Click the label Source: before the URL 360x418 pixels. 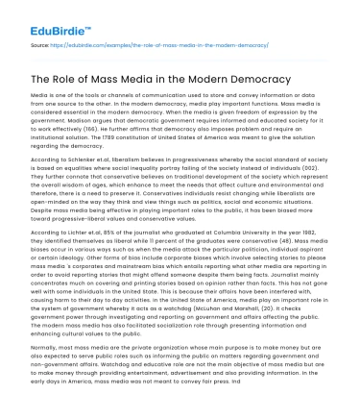tap(42, 44)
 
